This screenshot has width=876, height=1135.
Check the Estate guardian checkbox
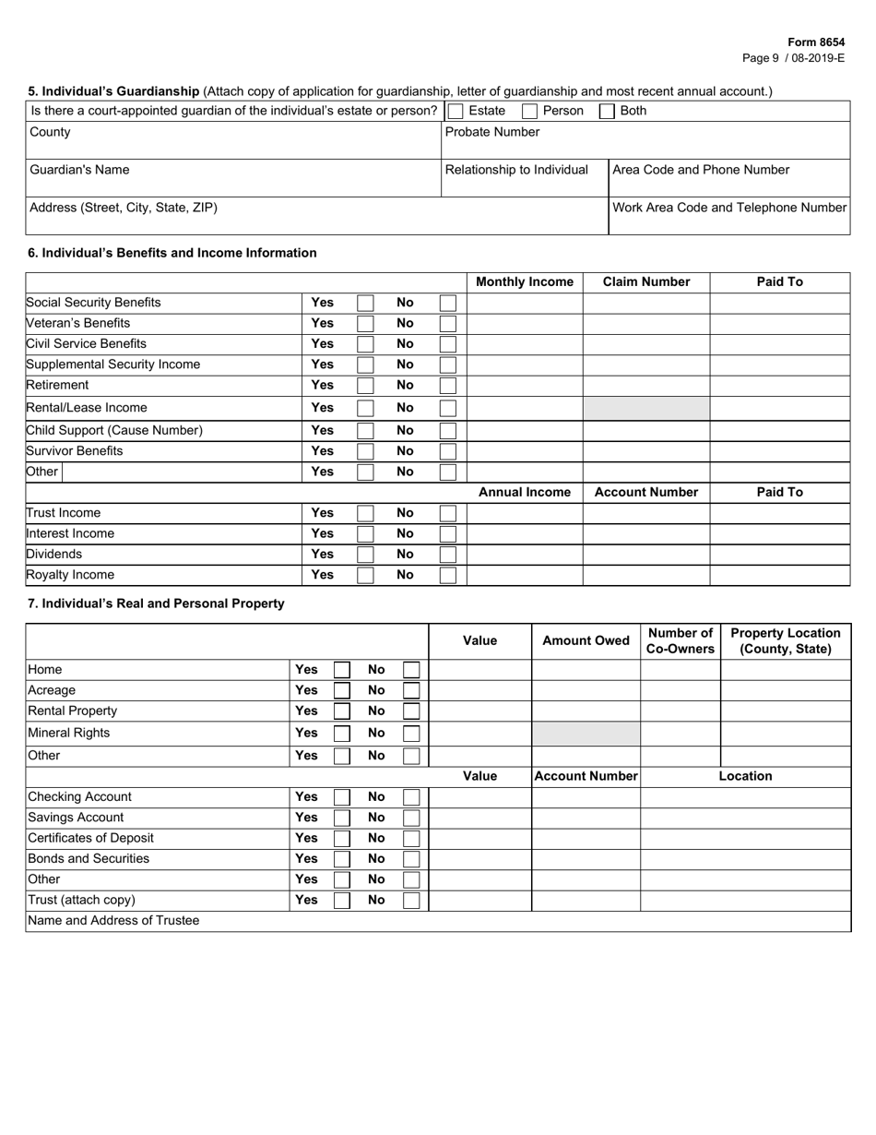coord(455,112)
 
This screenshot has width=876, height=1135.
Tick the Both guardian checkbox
coord(608,112)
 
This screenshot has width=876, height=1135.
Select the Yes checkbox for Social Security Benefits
coord(365,303)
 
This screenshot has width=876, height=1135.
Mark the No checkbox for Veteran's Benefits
coord(447,324)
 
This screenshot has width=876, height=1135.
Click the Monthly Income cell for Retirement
coord(525,386)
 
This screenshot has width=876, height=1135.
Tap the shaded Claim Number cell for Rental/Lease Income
coord(645,408)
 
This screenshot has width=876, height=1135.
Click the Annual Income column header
coord(525,493)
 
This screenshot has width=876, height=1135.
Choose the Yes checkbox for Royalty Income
coord(365,575)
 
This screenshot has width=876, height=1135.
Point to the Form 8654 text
coord(816,42)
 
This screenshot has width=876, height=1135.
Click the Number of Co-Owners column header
coord(681,641)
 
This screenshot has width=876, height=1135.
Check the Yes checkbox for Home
coord(342,670)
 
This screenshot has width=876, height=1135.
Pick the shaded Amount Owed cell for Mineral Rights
coord(586,734)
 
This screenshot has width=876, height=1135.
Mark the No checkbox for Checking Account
coord(412,797)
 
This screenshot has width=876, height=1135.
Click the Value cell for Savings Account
coord(479,818)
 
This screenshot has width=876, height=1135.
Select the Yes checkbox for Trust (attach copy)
coord(342,900)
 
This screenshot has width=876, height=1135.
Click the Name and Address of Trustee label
coord(113,921)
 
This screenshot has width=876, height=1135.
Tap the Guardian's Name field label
coord(79,170)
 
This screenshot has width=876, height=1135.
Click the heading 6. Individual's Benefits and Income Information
coord(172,253)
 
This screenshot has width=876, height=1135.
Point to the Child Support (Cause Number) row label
coord(114,430)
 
